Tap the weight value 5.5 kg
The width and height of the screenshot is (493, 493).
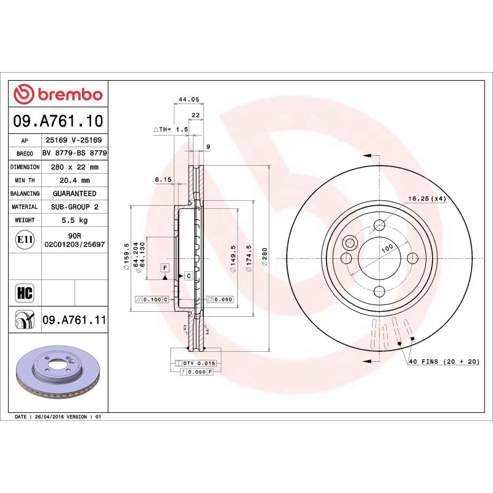click(74, 220)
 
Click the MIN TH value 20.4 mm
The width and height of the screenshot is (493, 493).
click(74, 181)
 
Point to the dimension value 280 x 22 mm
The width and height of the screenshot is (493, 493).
click(74, 167)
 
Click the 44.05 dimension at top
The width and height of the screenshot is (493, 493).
click(187, 99)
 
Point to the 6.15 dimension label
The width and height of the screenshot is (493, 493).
click(162, 179)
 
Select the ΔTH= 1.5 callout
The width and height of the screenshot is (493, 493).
click(170, 130)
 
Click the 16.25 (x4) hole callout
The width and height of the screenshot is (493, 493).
click(426, 198)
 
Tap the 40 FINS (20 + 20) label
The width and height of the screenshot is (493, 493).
click(444, 362)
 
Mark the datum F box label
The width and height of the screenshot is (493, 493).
click(165, 267)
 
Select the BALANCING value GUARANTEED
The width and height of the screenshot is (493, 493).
click(74, 194)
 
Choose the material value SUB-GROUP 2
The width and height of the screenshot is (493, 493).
click(74, 207)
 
